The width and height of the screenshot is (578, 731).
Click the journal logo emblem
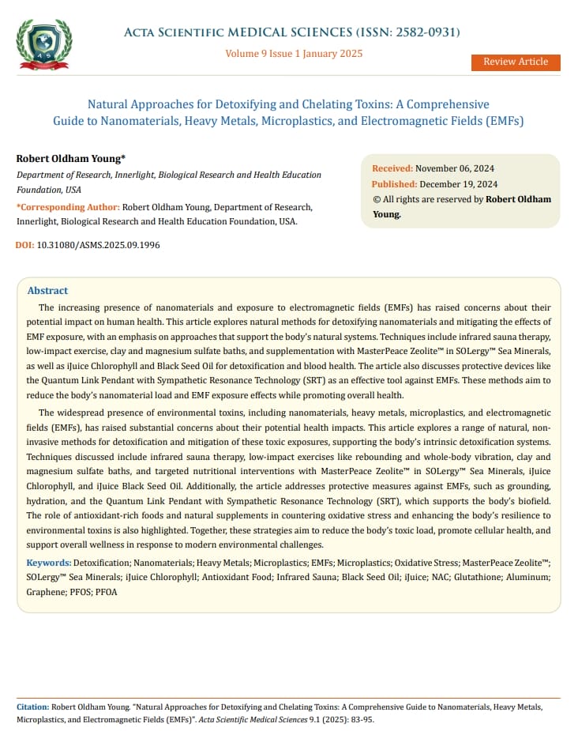click(44, 44)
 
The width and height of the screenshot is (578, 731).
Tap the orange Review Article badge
click(515, 62)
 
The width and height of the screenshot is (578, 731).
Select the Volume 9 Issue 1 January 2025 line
click(294, 54)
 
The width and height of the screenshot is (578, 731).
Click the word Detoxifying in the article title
click(224, 104)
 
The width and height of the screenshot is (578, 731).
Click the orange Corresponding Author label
click(68, 207)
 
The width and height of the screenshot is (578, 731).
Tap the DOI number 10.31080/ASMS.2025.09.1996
click(99, 246)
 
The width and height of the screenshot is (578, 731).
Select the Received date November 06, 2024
click(455, 168)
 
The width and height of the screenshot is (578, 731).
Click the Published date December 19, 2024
click(458, 184)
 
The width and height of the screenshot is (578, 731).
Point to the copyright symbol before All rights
click(376, 200)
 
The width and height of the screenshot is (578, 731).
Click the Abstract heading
click(47, 291)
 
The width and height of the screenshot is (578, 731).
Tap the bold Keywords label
click(48, 562)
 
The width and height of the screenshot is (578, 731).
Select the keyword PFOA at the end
click(107, 592)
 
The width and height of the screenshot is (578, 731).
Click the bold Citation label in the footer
click(32, 707)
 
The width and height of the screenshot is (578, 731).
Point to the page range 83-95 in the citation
click(361, 720)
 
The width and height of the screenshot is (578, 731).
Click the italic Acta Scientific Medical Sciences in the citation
click(248, 720)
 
